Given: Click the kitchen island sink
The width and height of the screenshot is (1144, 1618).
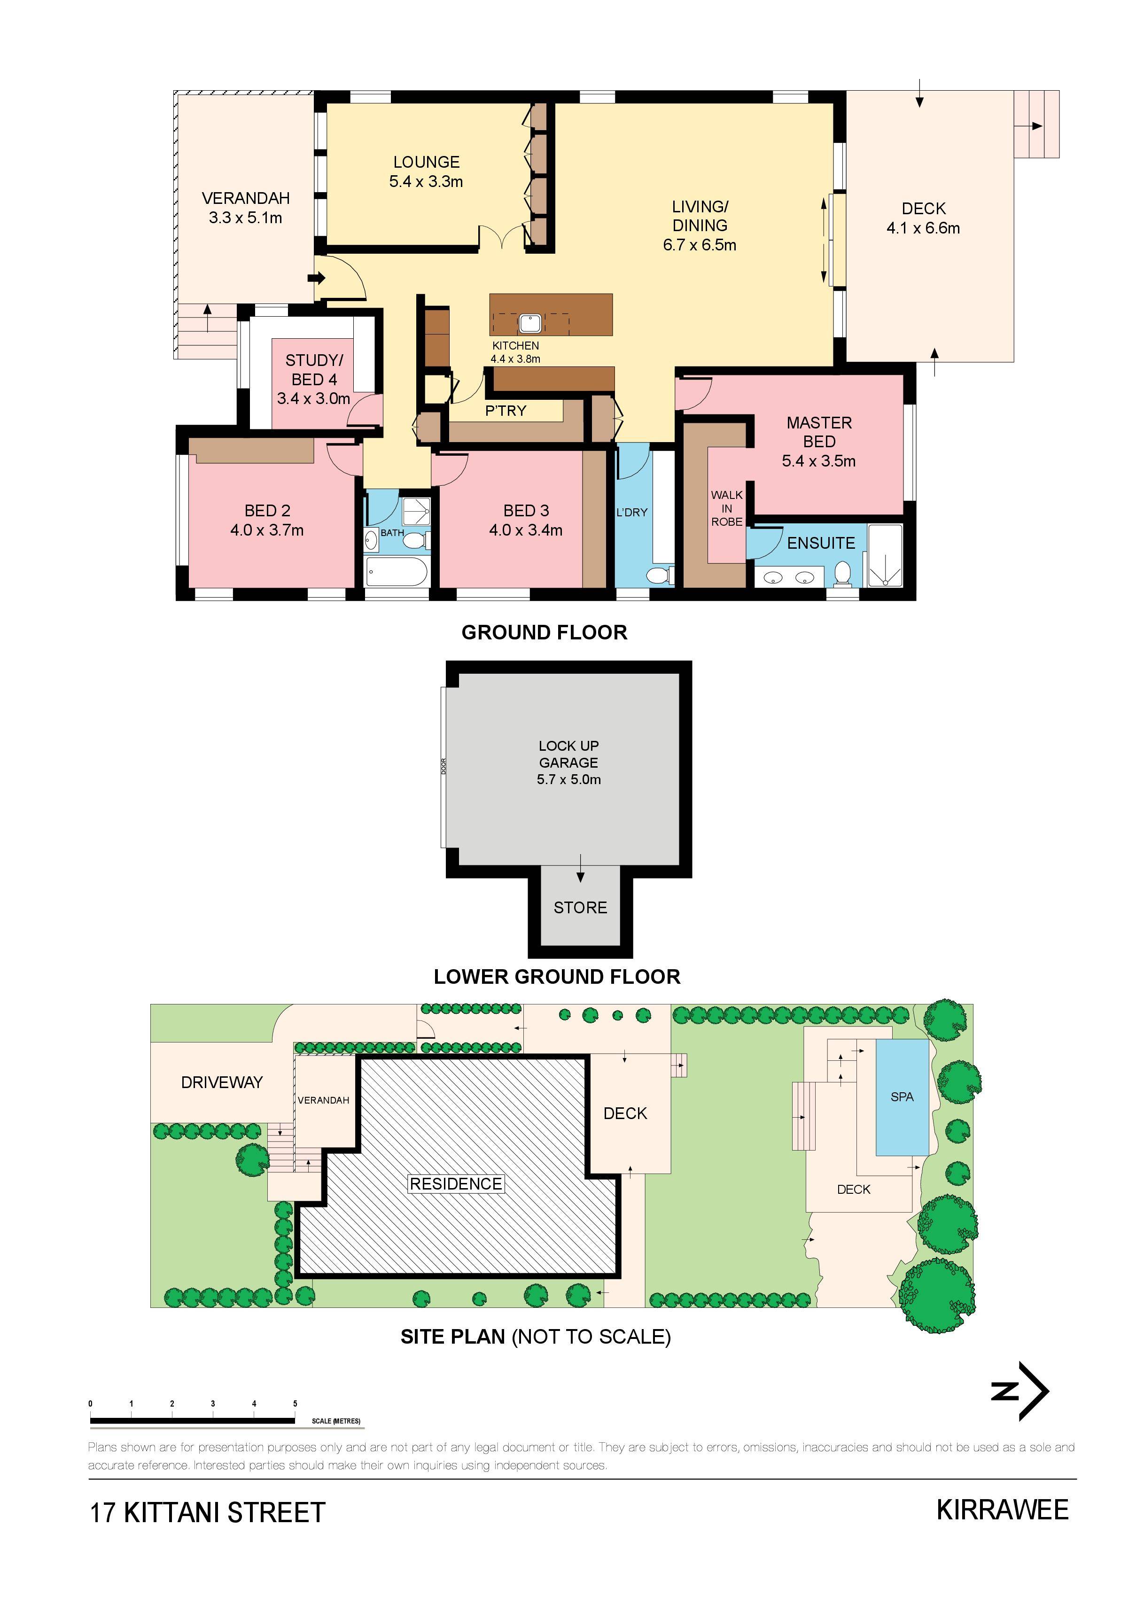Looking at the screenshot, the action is click(530, 323).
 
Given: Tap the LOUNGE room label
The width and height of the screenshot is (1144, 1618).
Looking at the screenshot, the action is click(427, 162).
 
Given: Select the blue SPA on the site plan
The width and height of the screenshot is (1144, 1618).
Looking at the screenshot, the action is click(902, 1097).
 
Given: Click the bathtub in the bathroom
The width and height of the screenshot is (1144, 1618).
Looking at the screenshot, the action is click(397, 572).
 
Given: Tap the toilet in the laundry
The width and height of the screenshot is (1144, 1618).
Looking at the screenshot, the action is click(658, 576).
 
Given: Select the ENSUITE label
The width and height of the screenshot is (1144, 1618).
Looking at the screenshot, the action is click(821, 543).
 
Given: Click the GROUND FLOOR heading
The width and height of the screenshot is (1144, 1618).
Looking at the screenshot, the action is click(544, 632).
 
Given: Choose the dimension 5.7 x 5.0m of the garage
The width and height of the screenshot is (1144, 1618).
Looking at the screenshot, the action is click(569, 779).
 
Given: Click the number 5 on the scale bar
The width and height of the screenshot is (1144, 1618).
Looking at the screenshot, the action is click(296, 1403).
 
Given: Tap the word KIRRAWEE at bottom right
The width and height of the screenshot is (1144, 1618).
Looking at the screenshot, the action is click(1002, 1509).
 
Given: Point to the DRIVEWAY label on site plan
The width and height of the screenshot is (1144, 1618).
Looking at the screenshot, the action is click(222, 1082).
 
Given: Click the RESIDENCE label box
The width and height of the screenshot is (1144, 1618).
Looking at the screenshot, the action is click(456, 1184).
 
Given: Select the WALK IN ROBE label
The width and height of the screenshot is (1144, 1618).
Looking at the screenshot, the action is click(727, 508).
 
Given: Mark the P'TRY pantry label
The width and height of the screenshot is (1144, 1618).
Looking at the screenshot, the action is click(506, 411).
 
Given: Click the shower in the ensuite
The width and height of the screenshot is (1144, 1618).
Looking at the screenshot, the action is click(885, 555).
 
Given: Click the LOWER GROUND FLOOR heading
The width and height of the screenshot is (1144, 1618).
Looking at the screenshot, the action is click(557, 977).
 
